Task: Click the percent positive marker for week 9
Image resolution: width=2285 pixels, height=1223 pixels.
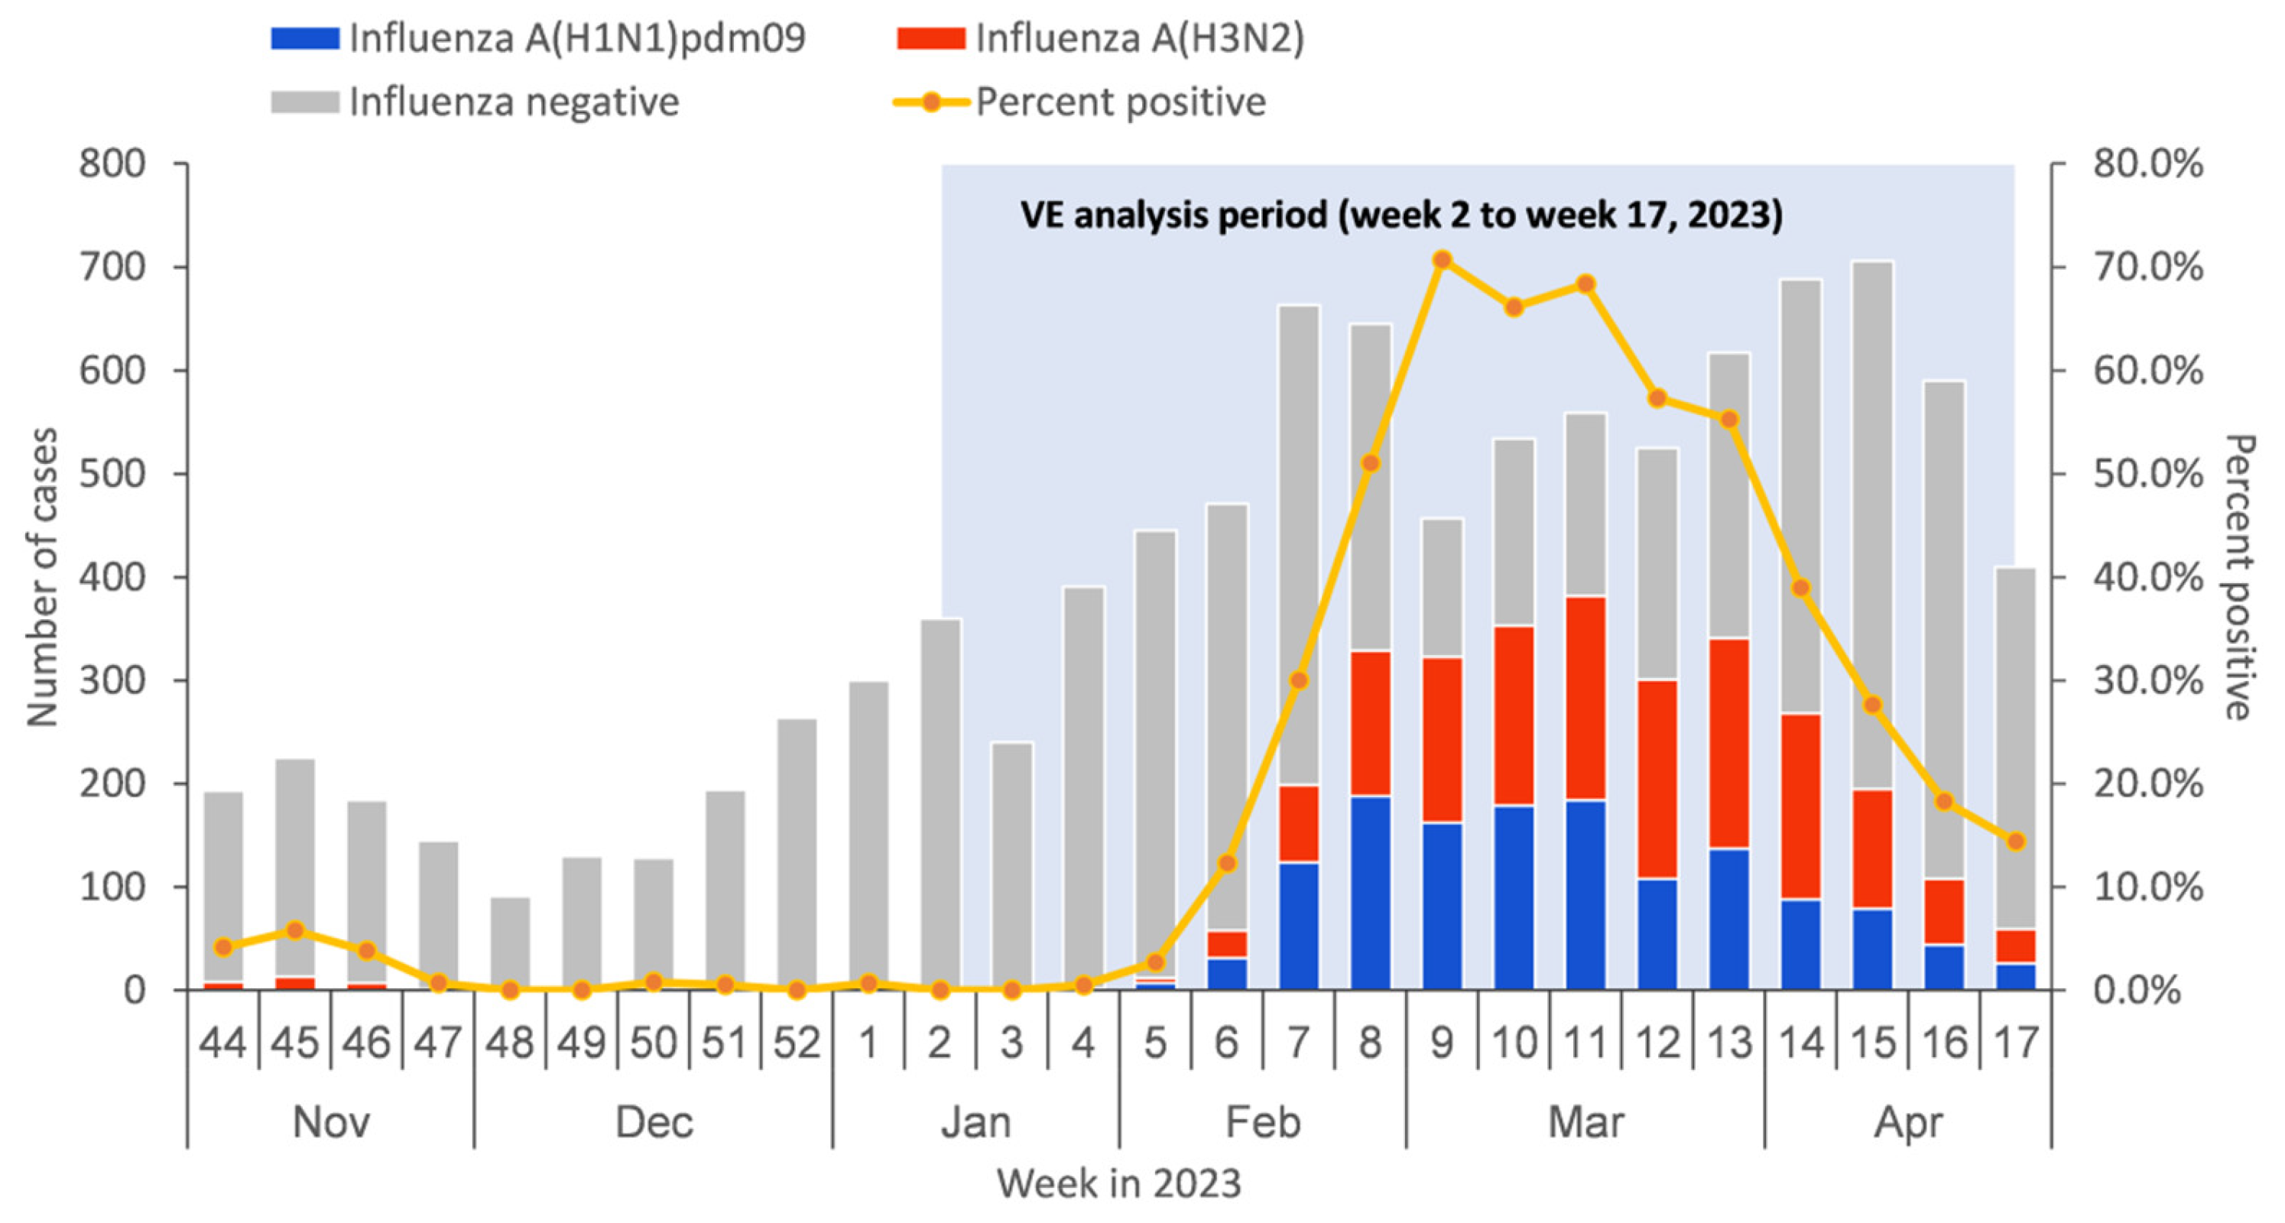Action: click(x=1443, y=260)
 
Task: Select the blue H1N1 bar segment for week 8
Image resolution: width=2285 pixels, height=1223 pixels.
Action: click(x=1371, y=891)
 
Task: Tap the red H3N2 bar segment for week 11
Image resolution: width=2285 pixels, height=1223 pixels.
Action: click(x=1586, y=698)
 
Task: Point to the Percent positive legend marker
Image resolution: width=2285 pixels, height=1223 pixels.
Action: click(x=931, y=102)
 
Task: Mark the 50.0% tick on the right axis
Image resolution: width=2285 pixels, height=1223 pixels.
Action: click(x=2147, y=474)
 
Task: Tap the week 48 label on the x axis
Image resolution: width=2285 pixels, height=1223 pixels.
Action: click(x=509, y=1042)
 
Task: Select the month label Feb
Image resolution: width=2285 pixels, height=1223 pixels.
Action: click(x=1262, y=1122)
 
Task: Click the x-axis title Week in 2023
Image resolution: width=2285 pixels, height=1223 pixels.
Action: click(x=1118, y=1183)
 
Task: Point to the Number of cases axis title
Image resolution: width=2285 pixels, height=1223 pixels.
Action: click(x=42, y=576)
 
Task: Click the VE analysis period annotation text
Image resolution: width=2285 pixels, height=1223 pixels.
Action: click(x=1401, y=215)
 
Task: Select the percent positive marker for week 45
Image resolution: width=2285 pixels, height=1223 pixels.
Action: click(x=295, y=930)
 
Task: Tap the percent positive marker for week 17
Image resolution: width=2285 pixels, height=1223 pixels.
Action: click(x=2016, y=841)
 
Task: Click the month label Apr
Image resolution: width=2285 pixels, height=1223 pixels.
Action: click(x=1908, y=1122)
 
